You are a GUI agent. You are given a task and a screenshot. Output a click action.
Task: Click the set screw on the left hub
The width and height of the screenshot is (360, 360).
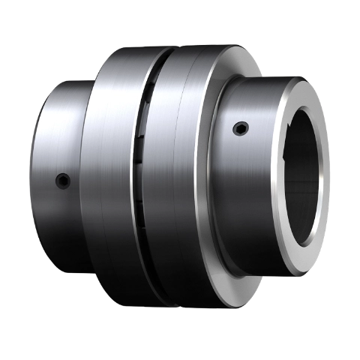[64, 180]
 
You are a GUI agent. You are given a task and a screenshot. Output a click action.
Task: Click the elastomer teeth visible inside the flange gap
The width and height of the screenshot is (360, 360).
[141, 150]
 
